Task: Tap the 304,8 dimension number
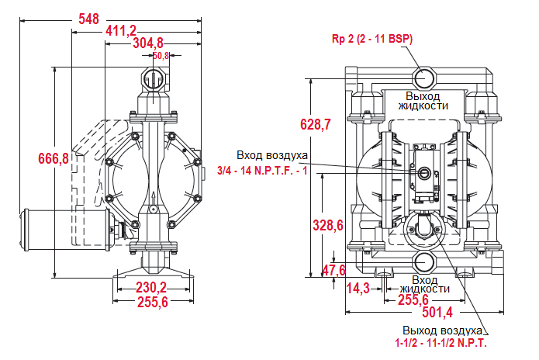coord(147,43)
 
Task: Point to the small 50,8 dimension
coord(161,56)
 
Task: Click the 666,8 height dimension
coord(54,158)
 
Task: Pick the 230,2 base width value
coord(152,287)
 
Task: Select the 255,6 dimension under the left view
coord(152,303)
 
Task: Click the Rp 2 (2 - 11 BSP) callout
coord(371,39)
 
